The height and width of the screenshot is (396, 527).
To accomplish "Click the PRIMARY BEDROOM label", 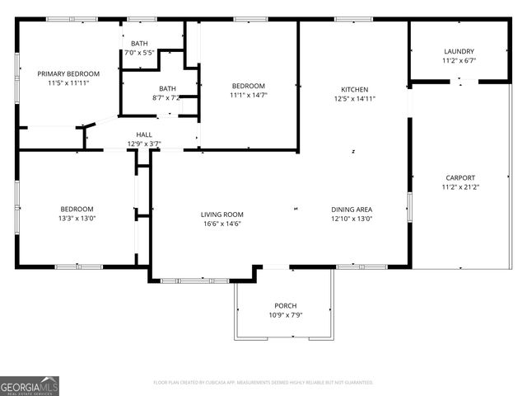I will point(68,73).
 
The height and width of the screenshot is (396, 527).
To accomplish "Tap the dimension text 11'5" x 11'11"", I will point(68,83).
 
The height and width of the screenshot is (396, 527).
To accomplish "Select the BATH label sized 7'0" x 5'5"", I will point(139,43).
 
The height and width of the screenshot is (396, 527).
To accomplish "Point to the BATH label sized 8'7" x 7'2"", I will point(167,89).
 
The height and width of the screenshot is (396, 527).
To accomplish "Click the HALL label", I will point(144,134).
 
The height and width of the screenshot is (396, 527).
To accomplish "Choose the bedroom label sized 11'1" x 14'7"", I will point(248,86).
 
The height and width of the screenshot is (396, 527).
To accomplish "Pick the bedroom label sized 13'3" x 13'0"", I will point(77,209).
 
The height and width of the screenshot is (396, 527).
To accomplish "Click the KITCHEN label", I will point(355,89).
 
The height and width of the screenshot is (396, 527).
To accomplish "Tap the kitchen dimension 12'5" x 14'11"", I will point(355,99).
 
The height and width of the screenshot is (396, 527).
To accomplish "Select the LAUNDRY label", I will point(459,51).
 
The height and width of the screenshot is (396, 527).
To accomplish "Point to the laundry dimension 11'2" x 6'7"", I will point(459,60).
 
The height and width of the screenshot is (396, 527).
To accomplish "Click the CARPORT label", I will point(460,177).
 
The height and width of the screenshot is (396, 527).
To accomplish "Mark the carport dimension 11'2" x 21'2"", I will point(460,187).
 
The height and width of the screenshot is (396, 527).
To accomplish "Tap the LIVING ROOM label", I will point(222,214).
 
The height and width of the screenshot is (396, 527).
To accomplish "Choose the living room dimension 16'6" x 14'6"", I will point(222,224).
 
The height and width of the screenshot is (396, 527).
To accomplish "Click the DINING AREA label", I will point(352,210).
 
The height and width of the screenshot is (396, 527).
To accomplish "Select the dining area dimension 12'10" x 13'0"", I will point(352,219).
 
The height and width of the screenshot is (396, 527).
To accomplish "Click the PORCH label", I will point(285,305).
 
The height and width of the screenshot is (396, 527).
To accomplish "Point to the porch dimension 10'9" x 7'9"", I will point(285,315).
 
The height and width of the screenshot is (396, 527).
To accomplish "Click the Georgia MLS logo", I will point(30,385).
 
